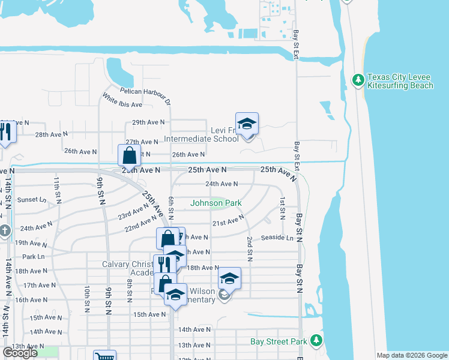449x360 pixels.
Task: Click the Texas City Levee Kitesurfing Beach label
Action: pyautogui.click(x=400, y=81)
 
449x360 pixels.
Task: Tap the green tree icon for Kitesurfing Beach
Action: pyautogui.click(x=358, y=79)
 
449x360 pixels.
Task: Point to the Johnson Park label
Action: pyautogui.click(x=216, y=203)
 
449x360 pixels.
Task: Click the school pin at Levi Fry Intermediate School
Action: pyautogui.click(x=247, y=124)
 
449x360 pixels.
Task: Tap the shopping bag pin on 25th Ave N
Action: pyautogui.click(x=130, y=156)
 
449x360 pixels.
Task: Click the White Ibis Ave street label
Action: pyautogui.click(x=122, y=100)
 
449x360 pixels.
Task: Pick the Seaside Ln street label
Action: pyautogui.click(x=277, y=238)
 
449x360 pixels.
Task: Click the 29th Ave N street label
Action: pyautogui.click(x=148, y=122)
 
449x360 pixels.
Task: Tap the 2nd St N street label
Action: pyautogui.click(x=249, y=249)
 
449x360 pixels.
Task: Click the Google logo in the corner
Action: pyautogui.click(x=20, y=353)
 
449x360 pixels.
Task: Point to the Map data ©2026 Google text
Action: pyautogui.click(x=412, y=355)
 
